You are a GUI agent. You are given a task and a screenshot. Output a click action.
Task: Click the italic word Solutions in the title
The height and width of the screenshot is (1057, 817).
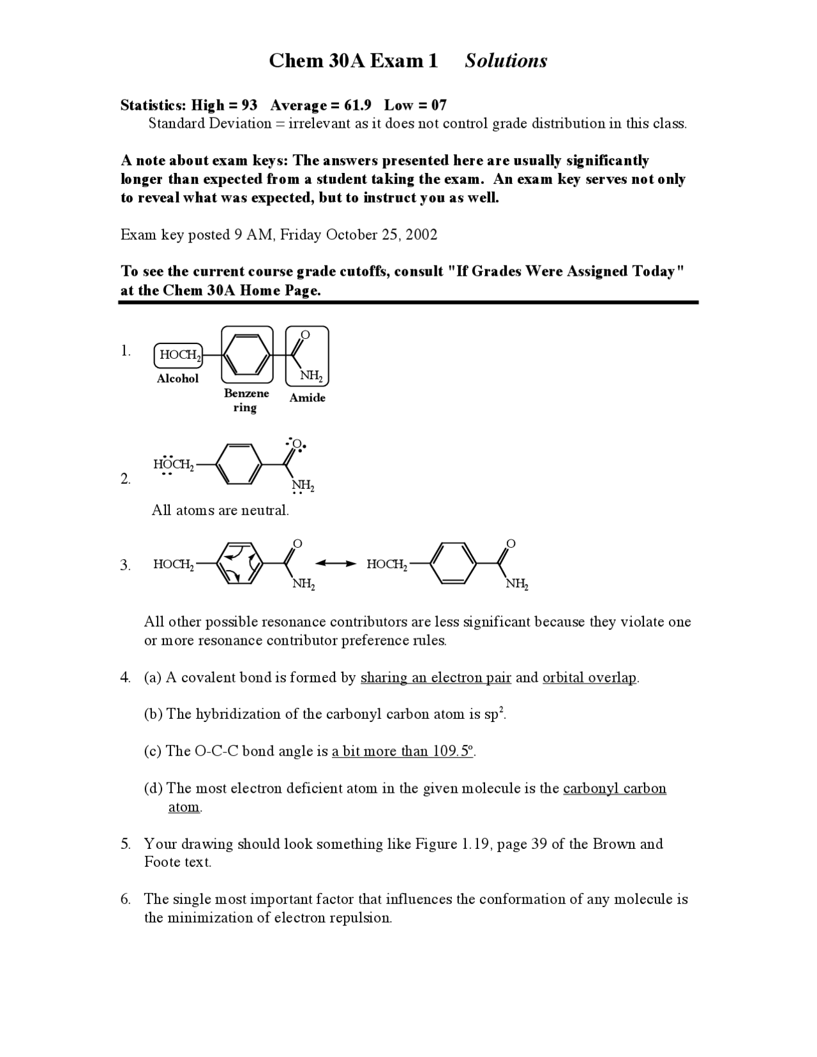point(506,61)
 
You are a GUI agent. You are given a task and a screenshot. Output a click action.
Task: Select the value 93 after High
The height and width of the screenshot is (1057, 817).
point(249,105)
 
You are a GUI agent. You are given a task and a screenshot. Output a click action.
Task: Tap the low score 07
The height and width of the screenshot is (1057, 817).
point(438,105)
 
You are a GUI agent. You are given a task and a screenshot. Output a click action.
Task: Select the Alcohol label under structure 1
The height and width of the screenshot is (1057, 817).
point(177,379)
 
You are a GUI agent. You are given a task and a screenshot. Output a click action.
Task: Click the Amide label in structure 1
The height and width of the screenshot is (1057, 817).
point(307,398)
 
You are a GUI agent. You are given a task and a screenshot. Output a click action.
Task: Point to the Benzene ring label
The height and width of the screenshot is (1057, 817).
point(246,400)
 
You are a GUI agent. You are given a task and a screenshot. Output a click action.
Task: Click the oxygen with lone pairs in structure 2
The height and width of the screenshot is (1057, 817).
point(297,444)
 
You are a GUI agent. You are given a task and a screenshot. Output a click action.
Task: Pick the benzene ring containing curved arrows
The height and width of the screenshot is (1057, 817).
point(239,563)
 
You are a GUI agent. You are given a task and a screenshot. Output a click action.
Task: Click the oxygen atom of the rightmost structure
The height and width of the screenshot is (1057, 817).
point(510,543)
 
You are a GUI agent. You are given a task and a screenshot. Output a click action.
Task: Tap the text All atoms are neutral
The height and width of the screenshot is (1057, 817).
point(220,510)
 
